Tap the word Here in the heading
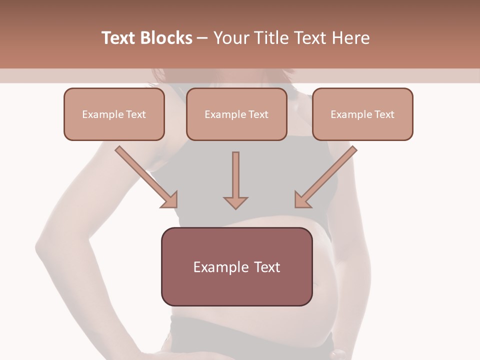350,38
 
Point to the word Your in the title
230,38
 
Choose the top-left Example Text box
114,114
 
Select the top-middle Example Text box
236,114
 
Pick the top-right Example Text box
362,114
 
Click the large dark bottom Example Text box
236,266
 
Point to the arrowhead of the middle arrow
235,202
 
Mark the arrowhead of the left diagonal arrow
170,200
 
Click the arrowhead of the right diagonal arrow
301,200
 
